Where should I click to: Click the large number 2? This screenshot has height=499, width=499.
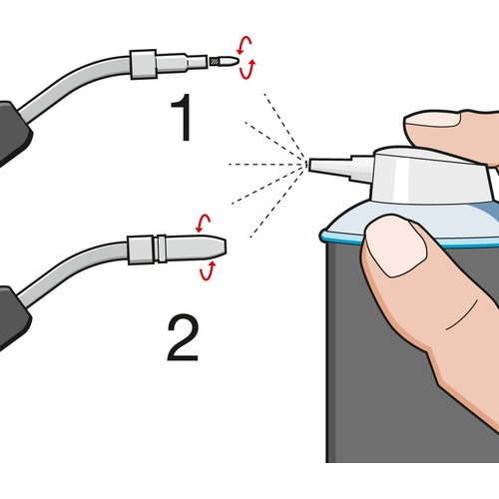[x=183, y=338]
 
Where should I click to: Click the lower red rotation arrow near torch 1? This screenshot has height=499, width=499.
[x=248, y=71]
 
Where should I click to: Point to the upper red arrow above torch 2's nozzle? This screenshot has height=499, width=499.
[x=204, y=223]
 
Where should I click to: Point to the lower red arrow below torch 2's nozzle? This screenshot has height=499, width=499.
[x=207, y=271]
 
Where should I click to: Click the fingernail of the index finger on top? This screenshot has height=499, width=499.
[x=432, y=121]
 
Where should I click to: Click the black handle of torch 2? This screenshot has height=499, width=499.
[x=12, y=316]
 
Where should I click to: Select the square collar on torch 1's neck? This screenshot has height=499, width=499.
[x=143, y=65]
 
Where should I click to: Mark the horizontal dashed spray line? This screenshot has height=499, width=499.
[x=267, y=164]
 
